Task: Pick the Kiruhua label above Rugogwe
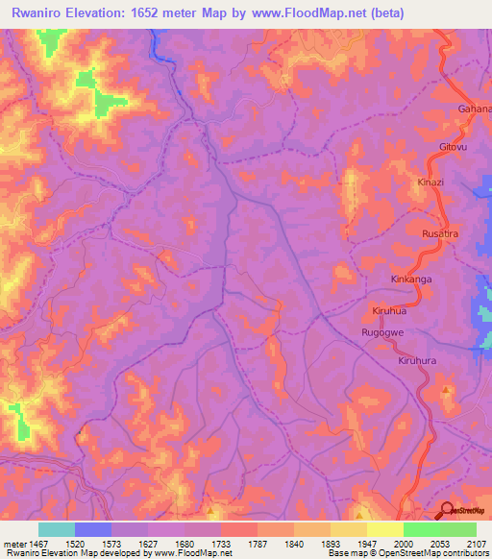[x=392, y=311]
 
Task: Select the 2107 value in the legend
[x=478, y=543]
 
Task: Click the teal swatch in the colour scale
[x=57, y=529]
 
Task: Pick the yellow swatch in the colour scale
[x=385, y=529]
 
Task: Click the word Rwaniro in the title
[x=45, y=12]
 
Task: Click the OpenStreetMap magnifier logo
[x=448, y=509]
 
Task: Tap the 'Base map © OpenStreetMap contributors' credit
[x=406, y=554]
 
